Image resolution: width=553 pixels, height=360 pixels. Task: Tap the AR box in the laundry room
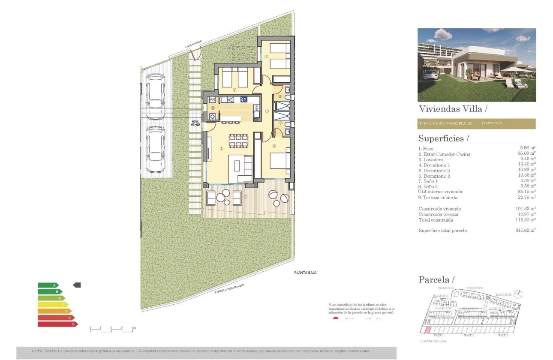point(212,100)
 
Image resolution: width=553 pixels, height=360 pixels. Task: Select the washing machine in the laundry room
point(212,116)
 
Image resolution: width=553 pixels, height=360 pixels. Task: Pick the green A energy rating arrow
point(48,285)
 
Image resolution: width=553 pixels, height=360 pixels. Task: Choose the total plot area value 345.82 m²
point(526,230)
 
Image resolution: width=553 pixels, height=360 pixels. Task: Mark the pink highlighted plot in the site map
point(427,330)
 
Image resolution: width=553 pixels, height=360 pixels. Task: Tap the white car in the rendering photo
point(430,75)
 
